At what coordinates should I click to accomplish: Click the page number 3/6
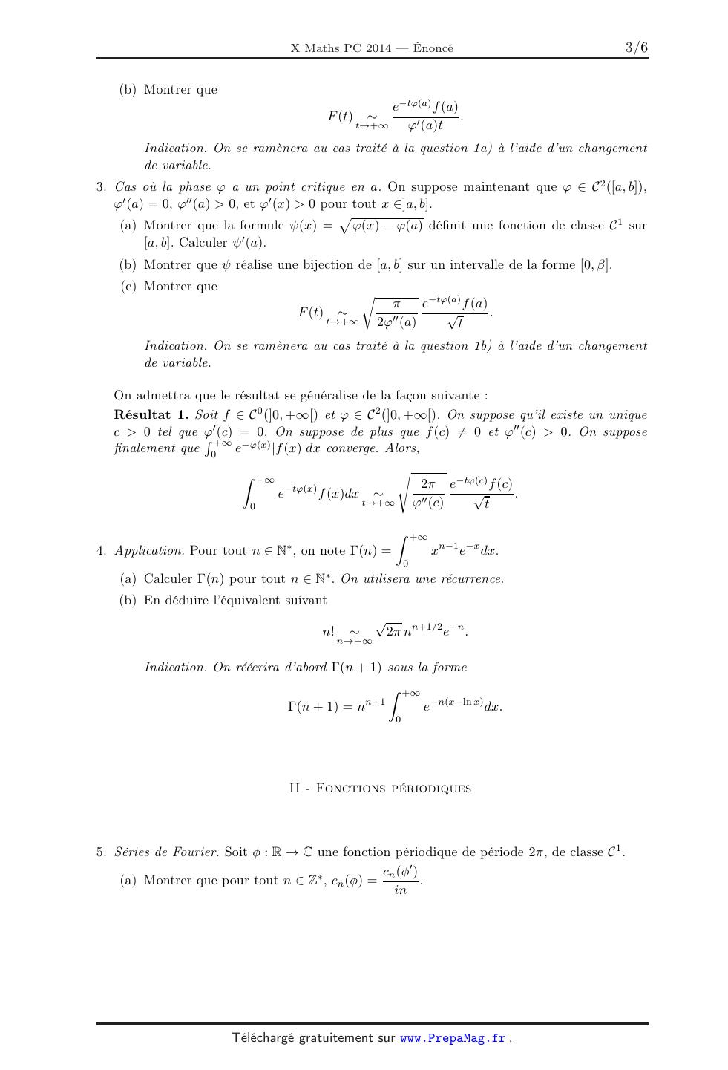click(x=636, y=48)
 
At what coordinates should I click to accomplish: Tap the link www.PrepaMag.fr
click(x=453, y=1038)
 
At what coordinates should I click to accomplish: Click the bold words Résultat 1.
click(x=151, y=415)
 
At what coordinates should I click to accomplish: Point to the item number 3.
click(x=101, y=187)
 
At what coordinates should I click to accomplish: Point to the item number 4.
click(x=101, y=551)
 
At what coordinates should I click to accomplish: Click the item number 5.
click(x=101, y=852)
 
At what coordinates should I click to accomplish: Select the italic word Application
click(x=149, y=551)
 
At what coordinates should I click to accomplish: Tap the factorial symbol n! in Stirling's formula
click(x=328, y=632)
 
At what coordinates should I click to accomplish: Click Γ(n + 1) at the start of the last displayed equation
click(x=312, y=707)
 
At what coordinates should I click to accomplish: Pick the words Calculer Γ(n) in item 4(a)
click(x=184, y=579)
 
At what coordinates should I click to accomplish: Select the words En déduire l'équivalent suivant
click(x=235, y=600)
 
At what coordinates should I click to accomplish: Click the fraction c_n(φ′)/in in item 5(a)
click(x=401, y=881)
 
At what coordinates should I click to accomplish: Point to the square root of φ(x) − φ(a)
click(x=381, y=226)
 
